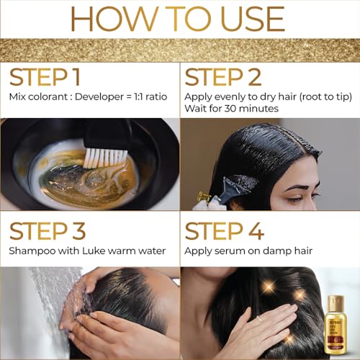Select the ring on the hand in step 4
(x=259, y=318)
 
